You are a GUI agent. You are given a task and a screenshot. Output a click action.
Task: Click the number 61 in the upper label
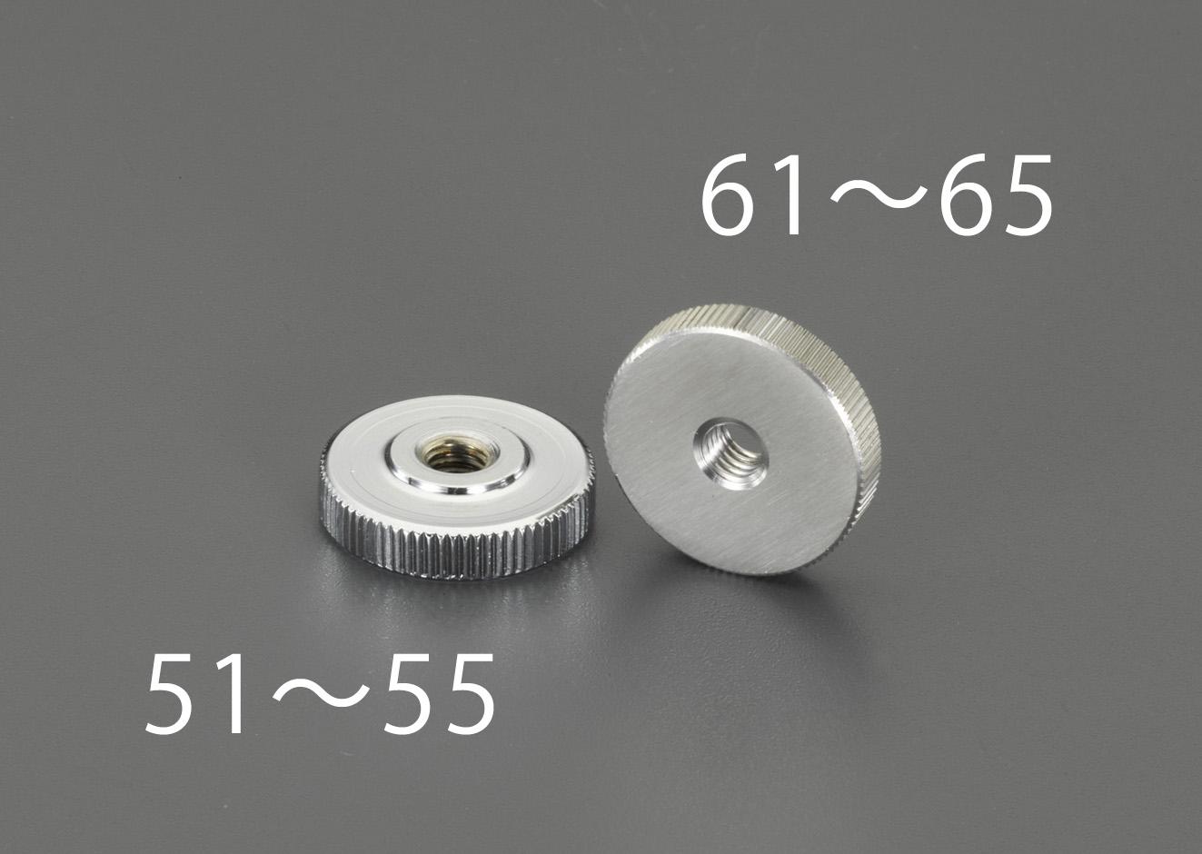pos(754,196)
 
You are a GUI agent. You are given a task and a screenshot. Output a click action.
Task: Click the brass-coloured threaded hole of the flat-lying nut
pos(451,452)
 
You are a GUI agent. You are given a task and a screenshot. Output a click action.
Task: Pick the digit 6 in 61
pos(727,196)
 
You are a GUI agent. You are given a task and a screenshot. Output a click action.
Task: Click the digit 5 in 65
pos(1027,196)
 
